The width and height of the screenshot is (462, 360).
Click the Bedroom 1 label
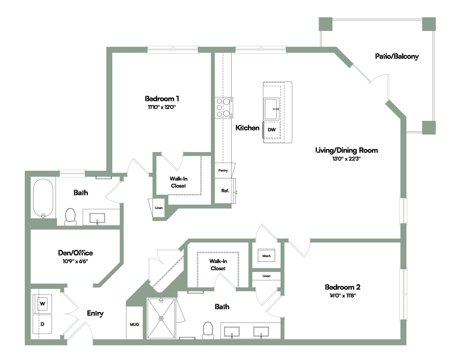(x=162, y=98)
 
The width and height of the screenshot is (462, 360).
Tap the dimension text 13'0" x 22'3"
(x=346, y=159)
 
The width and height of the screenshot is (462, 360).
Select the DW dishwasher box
(x=271, y=130)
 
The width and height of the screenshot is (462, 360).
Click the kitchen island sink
(x=271, y=109)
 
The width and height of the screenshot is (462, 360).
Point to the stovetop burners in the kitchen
(x=224, y=107)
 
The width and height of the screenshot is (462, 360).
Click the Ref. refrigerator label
(x=225, y=191)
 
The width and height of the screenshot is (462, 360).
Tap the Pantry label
(x=223, y=170)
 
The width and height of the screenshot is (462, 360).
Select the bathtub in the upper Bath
(x=43, y=198)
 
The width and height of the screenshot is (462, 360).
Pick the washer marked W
(x=42, y=304)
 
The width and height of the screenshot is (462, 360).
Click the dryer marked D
(x=42, y=324)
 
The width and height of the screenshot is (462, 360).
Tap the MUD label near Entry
(x=134, y=324)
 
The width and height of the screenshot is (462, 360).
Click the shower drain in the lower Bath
(x=161, y=318)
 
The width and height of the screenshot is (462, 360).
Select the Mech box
(x=266, y=256)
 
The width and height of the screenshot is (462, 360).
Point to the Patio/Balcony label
(x=397, y=56)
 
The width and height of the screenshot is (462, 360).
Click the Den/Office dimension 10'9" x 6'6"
(x=75, y=261)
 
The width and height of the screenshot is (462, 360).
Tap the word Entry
(x=95, y=313)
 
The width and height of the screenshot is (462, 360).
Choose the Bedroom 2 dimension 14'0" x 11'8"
(x=343, y=295)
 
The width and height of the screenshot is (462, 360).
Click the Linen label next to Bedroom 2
(x=266, y=276)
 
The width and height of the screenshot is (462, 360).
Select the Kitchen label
(x=247, y=128)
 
